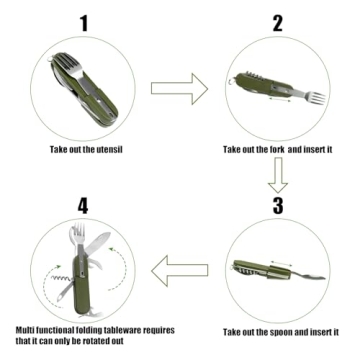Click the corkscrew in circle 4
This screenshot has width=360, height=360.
click(38, 265)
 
